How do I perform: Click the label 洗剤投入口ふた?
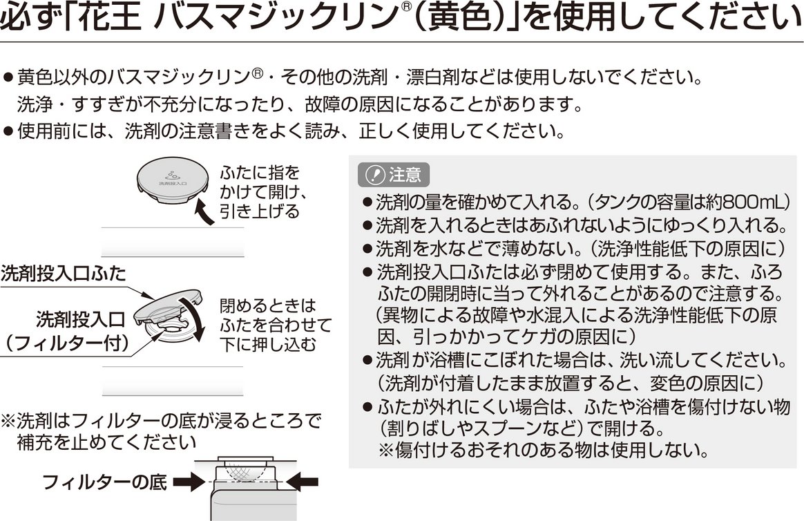pyautogui.click(x=63, y=273)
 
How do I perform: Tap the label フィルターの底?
pyautogui.click(x=104, y=482)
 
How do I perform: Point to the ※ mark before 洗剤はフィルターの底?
pyautogui.click(x=8, y=420)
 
